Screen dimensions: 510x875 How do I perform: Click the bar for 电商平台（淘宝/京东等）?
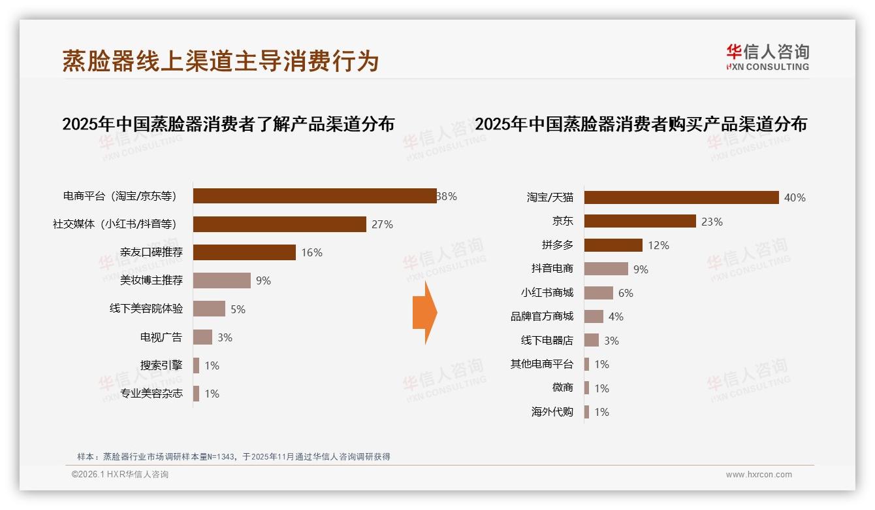pyautogui.click(x=315, y=196)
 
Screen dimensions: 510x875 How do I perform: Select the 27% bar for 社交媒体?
pyautogui.click(x=279, y=224)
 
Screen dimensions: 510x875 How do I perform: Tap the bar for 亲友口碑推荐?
pyautogui.click(x=244, y=252)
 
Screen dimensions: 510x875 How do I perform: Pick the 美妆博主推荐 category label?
pyautogui.click(x=151, y=280)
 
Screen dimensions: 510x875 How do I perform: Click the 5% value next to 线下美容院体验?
pyautogui.click(x=238, y=309)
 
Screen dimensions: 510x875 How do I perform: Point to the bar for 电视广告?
pyautogui.click(x=202, y=337)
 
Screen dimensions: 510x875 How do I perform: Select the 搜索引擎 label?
pyautogui.click(x=161, y=365)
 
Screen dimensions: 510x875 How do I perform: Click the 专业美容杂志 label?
pyautogui.click(x=151, y=394)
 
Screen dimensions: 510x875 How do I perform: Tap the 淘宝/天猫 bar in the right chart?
pyautogui.click(x=681, y=197)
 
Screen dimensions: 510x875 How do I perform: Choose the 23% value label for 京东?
pyautogui.click(x=712, y=222)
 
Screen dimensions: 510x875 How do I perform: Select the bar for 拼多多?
pyautogui.click(x=613, y=245)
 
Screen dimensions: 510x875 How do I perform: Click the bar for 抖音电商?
pyautogui.click(x=606, y=269)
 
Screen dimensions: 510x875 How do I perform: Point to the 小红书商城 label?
pyautogui.click(x=547, y=293)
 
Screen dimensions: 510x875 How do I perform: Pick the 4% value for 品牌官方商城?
pyautogui.click(x=616, y=316)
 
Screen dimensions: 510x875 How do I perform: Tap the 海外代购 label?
pyautogui.click(x=552, y=412)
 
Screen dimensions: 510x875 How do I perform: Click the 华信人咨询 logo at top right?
pyautogui.click(x=767, y=57)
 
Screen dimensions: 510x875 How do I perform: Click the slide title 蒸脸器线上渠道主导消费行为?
pyautogui.click(x=221, y=61)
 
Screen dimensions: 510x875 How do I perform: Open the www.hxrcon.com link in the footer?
pyautogui.click(x=759, y=475)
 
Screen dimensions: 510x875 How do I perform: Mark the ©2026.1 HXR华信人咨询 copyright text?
pyautogui.click(x=120, y=475)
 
